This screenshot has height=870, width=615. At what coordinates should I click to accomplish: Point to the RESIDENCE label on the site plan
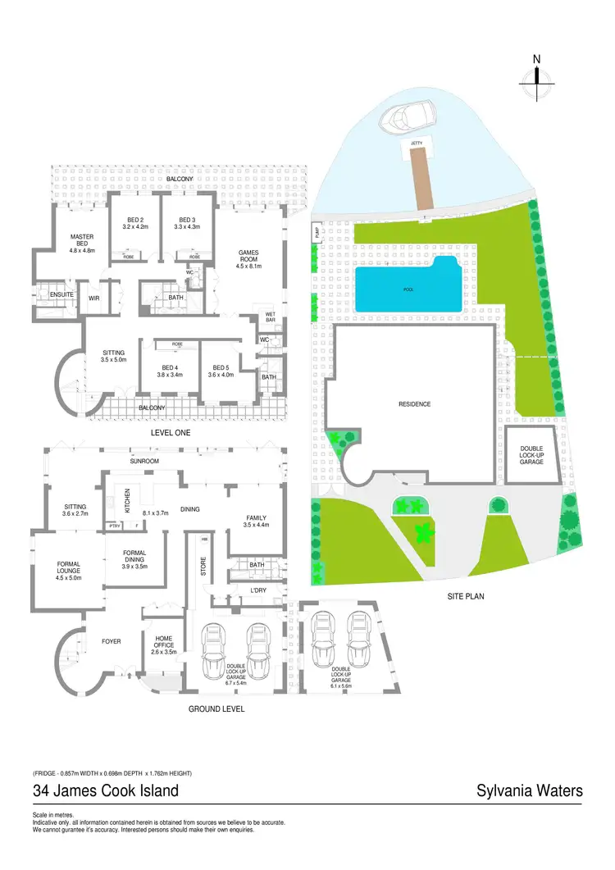click(414, 404)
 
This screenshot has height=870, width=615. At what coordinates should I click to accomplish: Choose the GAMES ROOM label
click(248, 257)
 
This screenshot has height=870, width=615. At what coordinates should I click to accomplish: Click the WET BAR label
click(271, 319)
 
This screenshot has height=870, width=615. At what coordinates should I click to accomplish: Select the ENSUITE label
click(61, 294)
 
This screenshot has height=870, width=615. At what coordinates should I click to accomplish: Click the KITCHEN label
click(127, 499)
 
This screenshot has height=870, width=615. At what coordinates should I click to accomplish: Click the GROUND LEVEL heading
click(216, 708)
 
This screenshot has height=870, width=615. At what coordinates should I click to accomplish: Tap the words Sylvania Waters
click(530, 791)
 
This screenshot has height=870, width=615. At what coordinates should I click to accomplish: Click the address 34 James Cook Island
click(106, 791)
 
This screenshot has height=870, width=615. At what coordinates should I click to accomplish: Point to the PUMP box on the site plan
click(317, 233)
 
